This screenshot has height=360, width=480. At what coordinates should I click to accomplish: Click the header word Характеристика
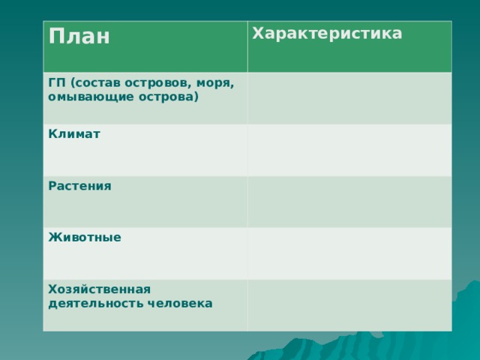pos(326,34)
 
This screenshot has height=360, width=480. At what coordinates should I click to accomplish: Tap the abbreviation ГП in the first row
pos(56,82)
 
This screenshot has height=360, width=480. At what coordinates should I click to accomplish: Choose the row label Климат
pos(75,134)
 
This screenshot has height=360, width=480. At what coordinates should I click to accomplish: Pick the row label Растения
pos(79,186)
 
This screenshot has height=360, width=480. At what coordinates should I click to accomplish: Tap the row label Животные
pos(85,238)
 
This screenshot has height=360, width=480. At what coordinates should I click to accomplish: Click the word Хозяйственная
pos(99,289)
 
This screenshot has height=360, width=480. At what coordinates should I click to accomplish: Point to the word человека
pos(180,304)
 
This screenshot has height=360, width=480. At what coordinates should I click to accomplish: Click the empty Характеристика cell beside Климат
pos(349,150)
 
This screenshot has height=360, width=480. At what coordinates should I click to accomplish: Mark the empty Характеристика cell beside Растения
pos(349,202)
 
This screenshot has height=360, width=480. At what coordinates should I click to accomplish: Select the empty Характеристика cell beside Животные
pos(349,253)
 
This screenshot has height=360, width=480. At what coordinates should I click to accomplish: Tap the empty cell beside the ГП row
pos(349,98)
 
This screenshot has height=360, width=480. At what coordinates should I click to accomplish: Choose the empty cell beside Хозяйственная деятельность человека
pos(349,304)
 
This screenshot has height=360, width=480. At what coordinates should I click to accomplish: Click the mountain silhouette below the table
pos(337,348)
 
